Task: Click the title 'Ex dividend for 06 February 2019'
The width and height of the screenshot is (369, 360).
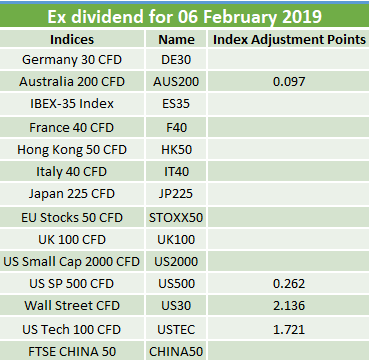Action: coord(184,17)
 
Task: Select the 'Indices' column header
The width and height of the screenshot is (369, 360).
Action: coord(72,39)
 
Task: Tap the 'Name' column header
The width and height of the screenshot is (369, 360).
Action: coord(176,39)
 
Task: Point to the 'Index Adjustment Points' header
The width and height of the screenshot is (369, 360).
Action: coord(289,39)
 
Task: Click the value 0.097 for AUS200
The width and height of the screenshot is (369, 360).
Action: coord(289,82)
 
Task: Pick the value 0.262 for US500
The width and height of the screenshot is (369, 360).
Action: coord(289,284)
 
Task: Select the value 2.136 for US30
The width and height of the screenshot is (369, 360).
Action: coord(289,306)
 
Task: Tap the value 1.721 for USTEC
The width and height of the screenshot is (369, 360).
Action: coord(289,329)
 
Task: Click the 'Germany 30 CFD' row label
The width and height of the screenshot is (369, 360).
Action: coord(72,60)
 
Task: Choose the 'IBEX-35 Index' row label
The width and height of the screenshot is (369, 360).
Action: coord(72,104)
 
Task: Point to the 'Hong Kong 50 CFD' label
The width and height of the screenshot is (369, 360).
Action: coord(72,150)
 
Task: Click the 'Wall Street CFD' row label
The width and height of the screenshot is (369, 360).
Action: coord(72,306)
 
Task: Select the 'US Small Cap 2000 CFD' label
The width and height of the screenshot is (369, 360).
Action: coord(72,262)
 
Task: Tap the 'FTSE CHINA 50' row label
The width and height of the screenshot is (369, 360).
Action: coord(72,351)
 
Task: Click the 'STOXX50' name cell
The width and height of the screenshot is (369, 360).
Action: coord(176,218)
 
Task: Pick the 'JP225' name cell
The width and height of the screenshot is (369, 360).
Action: coord(176,194)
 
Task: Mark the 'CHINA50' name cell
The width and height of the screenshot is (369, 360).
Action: coord(176,351)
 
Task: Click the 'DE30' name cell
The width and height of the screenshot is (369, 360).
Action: coord(176,60)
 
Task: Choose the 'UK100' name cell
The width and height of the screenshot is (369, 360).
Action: coord(176,240)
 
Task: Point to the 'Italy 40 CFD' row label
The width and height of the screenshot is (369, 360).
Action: coord(72,172)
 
